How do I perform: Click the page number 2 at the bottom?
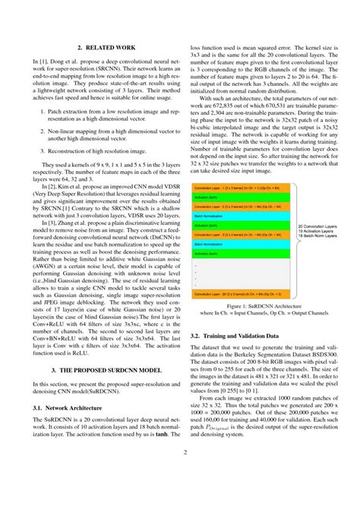(180, 475)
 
